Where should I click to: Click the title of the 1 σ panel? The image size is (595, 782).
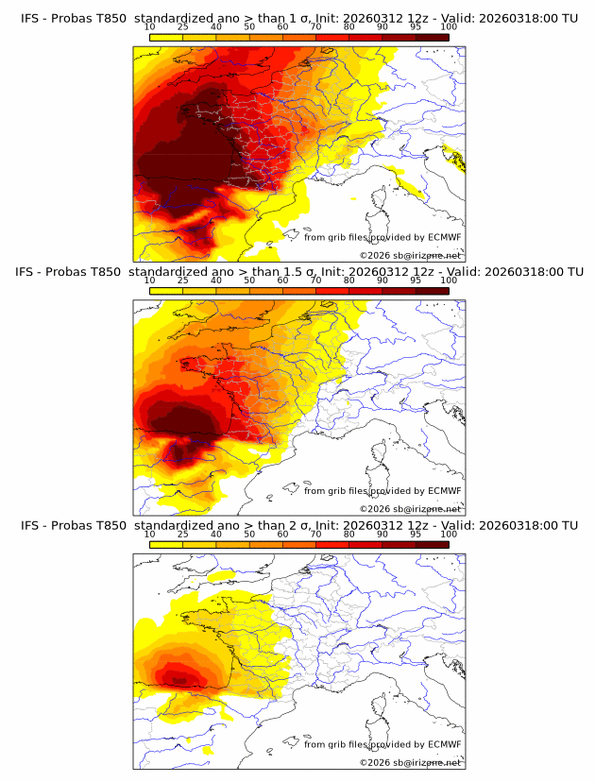pyautogui.click(x=297, y=17)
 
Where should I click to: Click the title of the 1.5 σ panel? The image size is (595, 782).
pyautogui.click(x=297, y=271)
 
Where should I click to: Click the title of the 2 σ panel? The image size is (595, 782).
pyautogui.click(x=297, y=525)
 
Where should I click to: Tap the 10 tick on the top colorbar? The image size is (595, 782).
pyautogui.click(x=150, y=28)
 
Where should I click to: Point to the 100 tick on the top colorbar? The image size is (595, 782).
pyautogui.click(x=449, y=28)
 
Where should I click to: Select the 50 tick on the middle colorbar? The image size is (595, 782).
pyautogui.click(x=249, y=281)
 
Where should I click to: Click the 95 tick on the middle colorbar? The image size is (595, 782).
pyautogui.click(x=416, y=281)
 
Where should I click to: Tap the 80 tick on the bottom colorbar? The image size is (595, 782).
pyautogui.click(x=349, y=535)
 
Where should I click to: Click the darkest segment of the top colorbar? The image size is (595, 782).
pyautogui.click(x=432, y=38)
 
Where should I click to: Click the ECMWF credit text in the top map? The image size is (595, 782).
pyautogui.click(x=382, y=237)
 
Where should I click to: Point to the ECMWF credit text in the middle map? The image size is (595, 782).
pyautogui.click(x=382, y=491)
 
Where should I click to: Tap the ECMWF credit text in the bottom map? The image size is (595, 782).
pyautogui.click(x=382, y=745)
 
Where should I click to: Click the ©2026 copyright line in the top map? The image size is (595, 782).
pyautogui.click(x=410, y=256)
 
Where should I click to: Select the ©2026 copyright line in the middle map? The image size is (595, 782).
pyautogui.click(x=410, y=509)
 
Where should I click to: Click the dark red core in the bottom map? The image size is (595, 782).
pyautogui.click(x=176, y=676)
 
